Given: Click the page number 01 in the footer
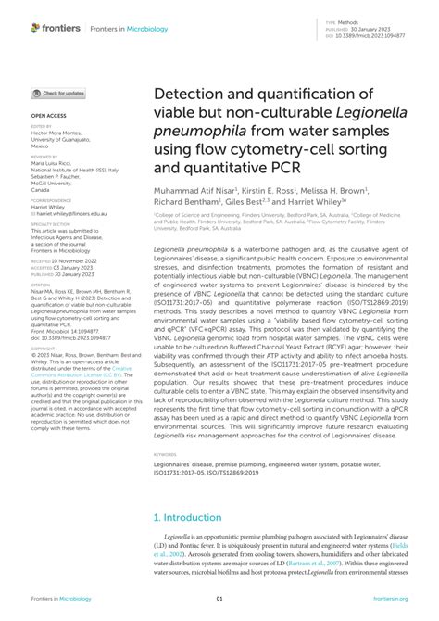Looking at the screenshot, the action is click(x=219, y=599).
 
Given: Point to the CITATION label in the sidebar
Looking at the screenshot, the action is click(x=43, y=284).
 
